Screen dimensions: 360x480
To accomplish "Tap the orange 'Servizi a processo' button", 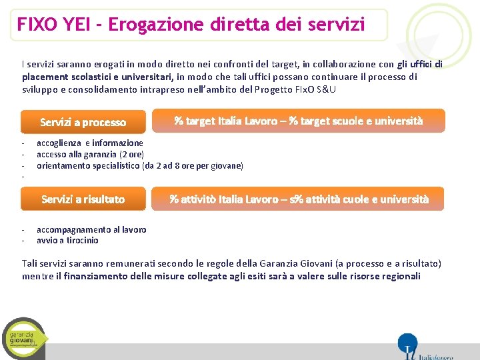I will [83, 122].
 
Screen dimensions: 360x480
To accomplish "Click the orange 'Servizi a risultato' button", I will [83, 199].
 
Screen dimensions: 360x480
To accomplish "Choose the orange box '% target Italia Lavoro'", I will [298, 121].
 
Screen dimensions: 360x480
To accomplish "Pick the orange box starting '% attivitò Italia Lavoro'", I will [298, 199].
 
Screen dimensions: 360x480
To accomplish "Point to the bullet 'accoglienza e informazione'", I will [89, 143].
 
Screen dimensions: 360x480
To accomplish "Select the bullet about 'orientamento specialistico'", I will [139, 165].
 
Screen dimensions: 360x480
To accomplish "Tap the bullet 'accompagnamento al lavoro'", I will [91, 229].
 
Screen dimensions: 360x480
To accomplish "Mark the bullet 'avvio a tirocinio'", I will [67, 240].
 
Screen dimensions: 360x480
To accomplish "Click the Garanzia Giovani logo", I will [25, 338].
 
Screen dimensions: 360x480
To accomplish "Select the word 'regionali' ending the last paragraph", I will [399, 276].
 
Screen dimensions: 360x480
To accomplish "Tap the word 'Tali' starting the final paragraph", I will [30, 264].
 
